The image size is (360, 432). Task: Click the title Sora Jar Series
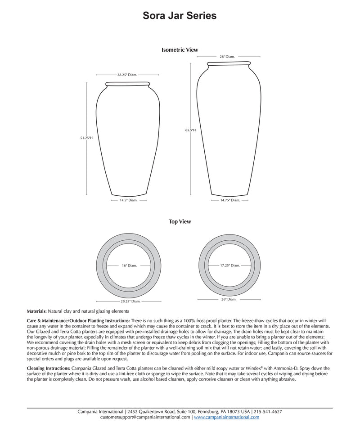click(x=180, y=16)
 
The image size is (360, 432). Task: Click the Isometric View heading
click(x=180, y=50)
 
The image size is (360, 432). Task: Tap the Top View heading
click(x=180, y=221)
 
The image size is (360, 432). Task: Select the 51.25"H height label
click(x=86, y=138)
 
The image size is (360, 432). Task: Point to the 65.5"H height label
click(x=190, y=130)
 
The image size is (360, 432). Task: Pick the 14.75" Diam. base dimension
click(x=230, y=200)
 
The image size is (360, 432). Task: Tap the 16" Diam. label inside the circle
click(x=129, y=265)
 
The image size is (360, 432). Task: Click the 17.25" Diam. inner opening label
click(x=230, y=265)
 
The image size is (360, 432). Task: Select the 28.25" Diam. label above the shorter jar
click(x=127, y=75)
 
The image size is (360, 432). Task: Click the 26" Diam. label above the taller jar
click(x=227, y=57)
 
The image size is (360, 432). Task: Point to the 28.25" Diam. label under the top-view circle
click(x=130, y=301)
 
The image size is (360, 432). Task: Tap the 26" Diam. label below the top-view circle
click(x=229, y=299)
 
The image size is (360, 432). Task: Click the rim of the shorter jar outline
click(x=128, y=84)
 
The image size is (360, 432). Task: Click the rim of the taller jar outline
click(x=229, y=63)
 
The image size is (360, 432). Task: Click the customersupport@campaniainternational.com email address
click(x=145, y=417)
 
